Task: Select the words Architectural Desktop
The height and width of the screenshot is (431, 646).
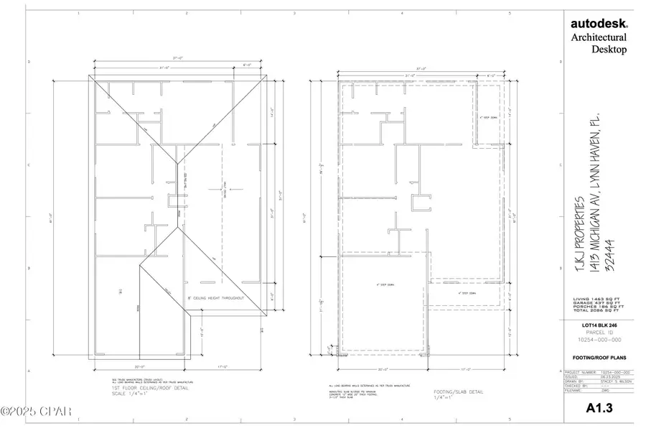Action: (598, 43)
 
